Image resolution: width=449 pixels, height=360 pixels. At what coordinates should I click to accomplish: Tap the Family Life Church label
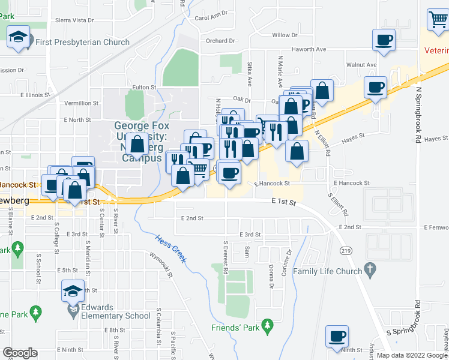click(328, 271)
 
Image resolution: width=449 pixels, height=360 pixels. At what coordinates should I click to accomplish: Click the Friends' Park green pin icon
click(268, 328)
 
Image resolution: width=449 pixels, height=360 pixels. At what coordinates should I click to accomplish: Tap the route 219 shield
click(345, 250)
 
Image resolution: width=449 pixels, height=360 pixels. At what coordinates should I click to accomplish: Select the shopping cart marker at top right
click(438, 20)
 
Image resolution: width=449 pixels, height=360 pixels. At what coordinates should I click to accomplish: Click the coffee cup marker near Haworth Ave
click(384, 40)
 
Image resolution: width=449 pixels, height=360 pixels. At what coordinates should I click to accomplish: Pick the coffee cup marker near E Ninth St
click(337, 336)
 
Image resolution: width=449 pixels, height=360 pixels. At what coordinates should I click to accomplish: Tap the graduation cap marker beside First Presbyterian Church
click(18, 38)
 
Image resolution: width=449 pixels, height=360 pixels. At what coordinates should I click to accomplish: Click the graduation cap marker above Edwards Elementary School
click(73, 292)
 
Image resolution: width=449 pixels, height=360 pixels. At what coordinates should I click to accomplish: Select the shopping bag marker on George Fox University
click(137, 145)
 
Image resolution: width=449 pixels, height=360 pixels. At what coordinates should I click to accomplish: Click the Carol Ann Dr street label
click(212, 17)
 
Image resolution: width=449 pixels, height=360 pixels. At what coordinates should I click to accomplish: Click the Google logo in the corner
click(20, 353)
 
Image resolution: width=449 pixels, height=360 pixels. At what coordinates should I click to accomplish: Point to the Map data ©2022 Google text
click(411, 355)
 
